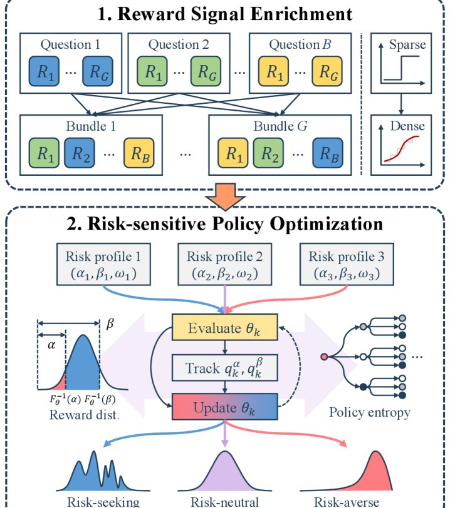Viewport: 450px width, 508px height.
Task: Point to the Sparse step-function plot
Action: pos(401,62)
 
